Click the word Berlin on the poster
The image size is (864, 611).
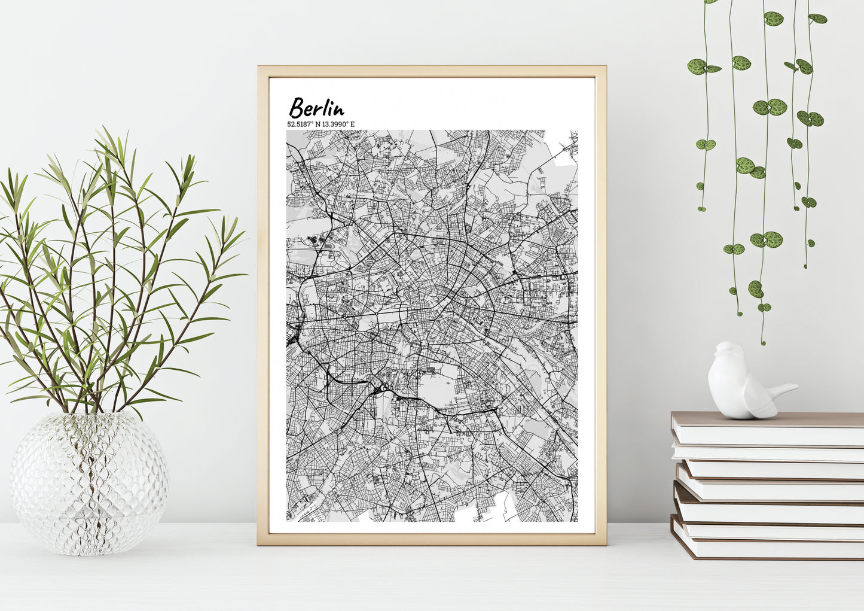pos(316,108)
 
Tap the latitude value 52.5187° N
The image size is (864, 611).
pos(305,124)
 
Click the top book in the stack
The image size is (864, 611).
pos(768,428)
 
